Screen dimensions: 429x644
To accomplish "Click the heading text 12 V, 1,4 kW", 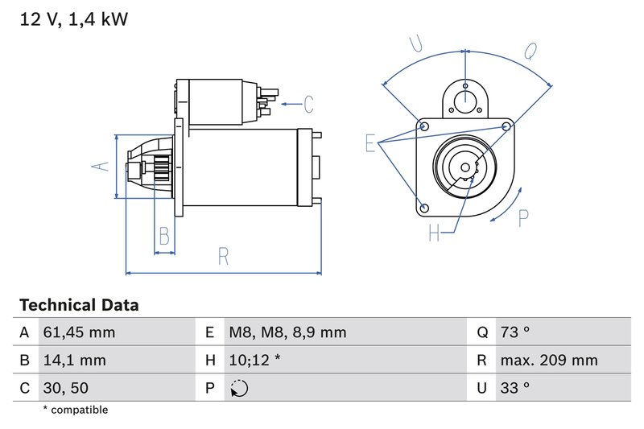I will tap(73, 19).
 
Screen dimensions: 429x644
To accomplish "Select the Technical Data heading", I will tap(79, 305).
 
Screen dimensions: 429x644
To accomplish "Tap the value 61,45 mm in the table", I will tap(79, 332).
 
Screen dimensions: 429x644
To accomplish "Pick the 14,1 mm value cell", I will tap(74, 360).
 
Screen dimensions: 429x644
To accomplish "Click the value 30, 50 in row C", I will tap(66, 387).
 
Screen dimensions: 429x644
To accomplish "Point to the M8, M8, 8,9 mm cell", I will tap(287, 332).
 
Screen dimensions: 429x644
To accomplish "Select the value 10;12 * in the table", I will tap(254, 360).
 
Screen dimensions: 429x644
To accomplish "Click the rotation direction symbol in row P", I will tap(239, 388).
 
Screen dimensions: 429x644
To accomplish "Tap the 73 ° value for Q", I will tap(514, 332).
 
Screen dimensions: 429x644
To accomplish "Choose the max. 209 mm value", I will tap(548, 360).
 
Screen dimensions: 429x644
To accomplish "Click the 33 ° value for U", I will tap(514, 387).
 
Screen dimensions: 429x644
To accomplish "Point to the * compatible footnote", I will tap(75, 410).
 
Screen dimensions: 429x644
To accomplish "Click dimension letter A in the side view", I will tap(99, 166).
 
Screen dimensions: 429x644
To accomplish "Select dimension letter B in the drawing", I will tap(164, 236).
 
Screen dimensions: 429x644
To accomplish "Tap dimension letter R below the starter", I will tap(223, 257).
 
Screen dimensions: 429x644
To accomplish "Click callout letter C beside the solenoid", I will tap(308, 104).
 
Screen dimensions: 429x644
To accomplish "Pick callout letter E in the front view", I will tap(370, 143).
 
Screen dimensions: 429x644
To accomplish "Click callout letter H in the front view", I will tap(435, 233).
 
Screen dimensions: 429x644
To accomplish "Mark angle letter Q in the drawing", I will tap(531, 52).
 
